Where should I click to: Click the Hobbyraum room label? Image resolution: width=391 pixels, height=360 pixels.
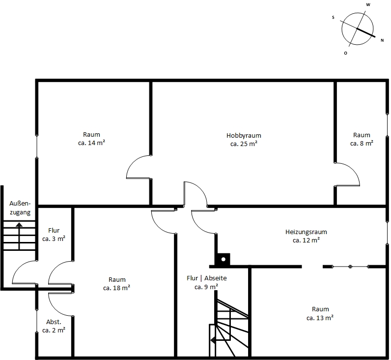pos(244,136)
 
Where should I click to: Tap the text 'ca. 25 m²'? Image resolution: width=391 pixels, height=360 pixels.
pos(244,144)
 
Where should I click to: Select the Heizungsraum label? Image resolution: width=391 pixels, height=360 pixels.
pos(306,232)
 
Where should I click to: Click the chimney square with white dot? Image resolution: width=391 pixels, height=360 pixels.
pos(223,259)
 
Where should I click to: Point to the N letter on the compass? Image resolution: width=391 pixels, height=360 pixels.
pos(382,40)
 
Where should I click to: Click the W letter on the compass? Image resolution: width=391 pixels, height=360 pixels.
pos(368,5)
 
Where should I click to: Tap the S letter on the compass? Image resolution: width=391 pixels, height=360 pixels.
pos(333,18)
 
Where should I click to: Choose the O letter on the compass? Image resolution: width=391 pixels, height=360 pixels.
pos(345,53)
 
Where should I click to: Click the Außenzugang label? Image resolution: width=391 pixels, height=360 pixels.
pos(20,208)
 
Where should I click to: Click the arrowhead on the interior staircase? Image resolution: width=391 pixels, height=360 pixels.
pos(213,340)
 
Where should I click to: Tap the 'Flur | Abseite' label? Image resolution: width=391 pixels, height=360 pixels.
pos(206,278)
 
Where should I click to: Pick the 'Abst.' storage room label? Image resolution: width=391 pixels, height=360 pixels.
pos(54,322)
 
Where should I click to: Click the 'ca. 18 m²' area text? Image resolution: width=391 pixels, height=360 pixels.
pos(116,288)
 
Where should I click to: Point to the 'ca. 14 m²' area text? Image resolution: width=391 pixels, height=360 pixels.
pos(91,143)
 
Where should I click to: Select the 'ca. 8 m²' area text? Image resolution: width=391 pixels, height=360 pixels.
pos(362,143)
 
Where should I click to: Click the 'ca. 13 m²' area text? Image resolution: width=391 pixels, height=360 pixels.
pos(320,318)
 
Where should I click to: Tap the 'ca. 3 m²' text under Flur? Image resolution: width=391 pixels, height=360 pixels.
pos(54,239)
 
